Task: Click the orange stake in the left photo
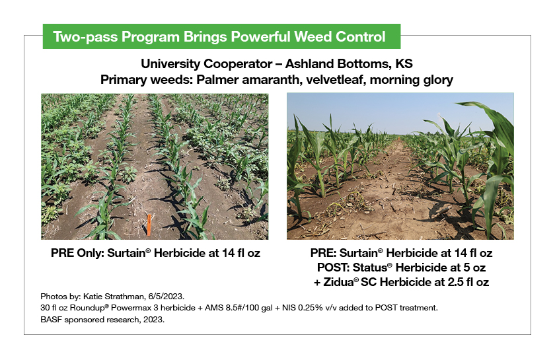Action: click(x=150, y=223)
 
